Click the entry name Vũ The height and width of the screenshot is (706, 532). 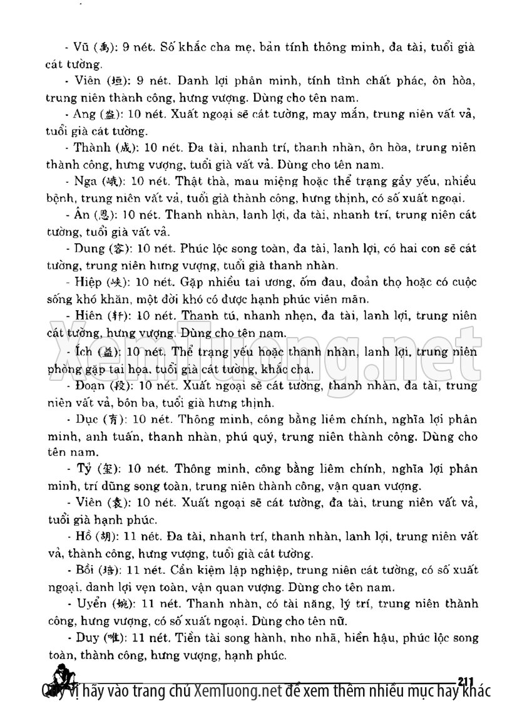tap(81, 48)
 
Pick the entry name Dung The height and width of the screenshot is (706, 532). tap(88, 249)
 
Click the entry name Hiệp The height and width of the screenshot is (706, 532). tap(86, 282)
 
